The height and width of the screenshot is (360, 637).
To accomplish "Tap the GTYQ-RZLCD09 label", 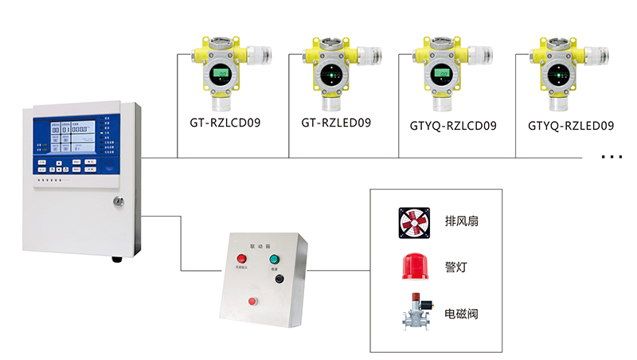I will (x=453, y=125).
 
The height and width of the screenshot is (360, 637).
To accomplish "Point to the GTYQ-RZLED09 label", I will (x=572, y=125).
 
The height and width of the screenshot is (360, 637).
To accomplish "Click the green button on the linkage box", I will (x=276, y=259).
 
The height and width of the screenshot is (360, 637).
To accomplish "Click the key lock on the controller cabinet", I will (x=119, y=202).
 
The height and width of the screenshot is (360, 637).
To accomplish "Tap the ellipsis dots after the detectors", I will (x=611, y=158).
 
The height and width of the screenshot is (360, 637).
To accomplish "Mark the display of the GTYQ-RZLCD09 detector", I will (x=441, y=76).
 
